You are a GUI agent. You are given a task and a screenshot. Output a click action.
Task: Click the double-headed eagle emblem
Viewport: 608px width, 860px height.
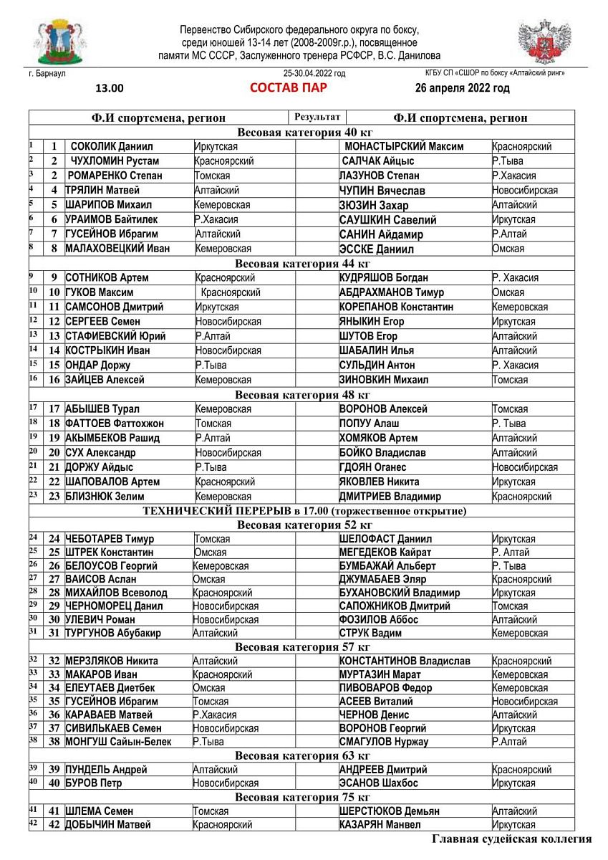[545, 42]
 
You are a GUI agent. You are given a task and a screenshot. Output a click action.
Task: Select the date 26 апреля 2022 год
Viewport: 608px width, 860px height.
[462, 88]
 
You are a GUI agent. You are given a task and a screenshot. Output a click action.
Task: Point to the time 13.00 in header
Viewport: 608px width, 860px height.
[110, 89]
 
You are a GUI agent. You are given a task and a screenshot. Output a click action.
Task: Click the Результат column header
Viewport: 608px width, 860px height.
[317, 117]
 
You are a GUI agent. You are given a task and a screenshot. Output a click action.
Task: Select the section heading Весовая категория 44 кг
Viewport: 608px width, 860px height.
[304, 264]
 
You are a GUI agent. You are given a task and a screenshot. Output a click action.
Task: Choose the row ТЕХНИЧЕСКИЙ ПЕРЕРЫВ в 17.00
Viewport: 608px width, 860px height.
[304, 511]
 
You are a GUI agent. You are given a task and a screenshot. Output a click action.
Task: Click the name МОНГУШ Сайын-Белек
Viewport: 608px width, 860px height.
[118, 742]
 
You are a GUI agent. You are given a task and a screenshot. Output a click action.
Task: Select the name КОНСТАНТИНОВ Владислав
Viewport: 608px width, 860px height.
[405, 661]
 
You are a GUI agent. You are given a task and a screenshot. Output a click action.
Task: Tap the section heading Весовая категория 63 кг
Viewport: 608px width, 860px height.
[304, 756]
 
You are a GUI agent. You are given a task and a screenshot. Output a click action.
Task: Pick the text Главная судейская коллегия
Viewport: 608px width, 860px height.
[511, 839]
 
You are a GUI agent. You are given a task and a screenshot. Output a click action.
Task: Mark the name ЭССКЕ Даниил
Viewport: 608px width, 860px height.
[375, 249]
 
